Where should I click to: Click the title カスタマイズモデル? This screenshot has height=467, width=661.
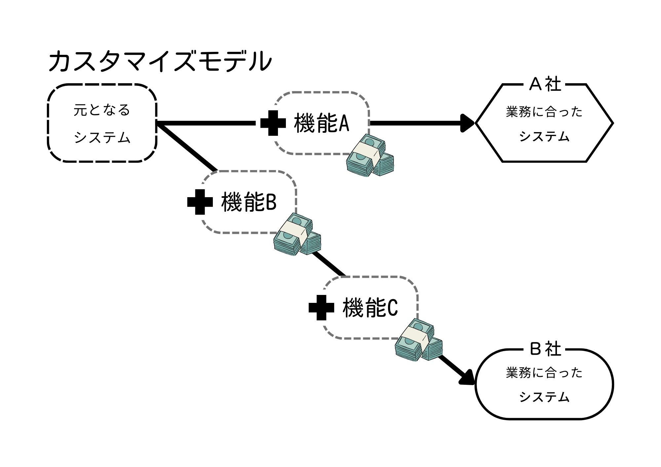coord(160,61)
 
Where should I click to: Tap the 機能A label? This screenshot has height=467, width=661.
coord(322,123)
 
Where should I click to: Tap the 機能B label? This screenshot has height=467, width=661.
coord(249,202)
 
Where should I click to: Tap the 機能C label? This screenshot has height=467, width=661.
coord(370,307)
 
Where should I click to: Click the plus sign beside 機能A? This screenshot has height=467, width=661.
coord(273,123)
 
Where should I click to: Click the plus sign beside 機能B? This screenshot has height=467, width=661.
coord(200,202)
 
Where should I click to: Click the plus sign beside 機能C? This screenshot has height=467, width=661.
coord(321,307)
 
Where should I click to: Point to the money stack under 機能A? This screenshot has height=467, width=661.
coord(370,155)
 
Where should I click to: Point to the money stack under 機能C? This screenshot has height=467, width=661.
coord(419,340)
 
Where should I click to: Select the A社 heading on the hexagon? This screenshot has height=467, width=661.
coord(545,84)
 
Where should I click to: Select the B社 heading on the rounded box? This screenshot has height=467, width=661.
coord(545,349)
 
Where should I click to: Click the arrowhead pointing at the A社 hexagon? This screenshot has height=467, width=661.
coord(468,123)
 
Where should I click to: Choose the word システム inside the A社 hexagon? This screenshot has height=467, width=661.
coord(544,136)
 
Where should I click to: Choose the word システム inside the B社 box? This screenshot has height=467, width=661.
coord(544,397)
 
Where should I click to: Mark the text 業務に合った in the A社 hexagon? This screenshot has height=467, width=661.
coord(544,112)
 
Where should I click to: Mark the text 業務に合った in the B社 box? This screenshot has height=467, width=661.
coord(544,373)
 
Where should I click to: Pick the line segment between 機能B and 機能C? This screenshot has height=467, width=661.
coord(328,264)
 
